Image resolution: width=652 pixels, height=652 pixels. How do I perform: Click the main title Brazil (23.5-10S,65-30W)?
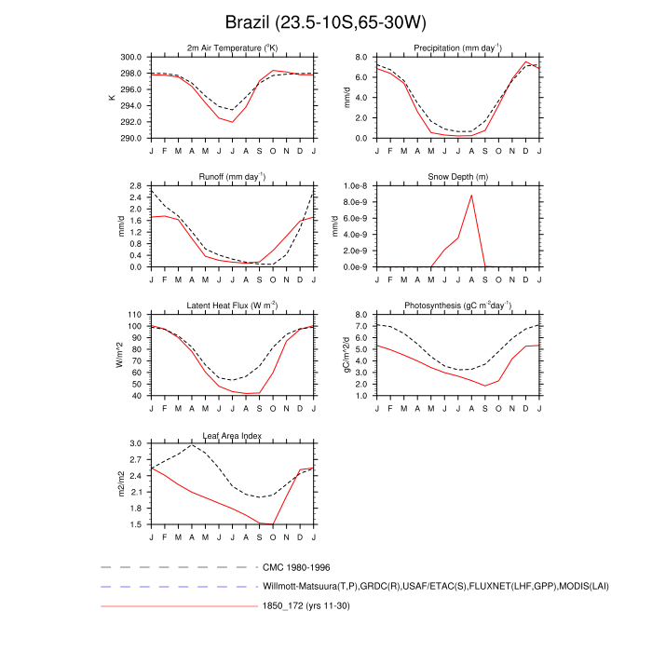(325, 21)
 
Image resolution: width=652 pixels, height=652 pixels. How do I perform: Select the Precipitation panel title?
(456, 48)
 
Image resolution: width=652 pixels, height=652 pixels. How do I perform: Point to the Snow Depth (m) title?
(456, 177)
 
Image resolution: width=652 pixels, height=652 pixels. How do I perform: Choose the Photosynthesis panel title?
(456, 306)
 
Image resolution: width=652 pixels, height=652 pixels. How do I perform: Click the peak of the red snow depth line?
(471, 195)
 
